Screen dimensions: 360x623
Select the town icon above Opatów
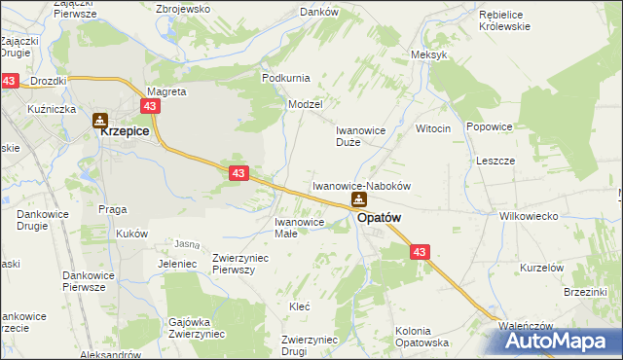click(x=359, y=200)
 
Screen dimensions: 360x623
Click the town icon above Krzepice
click(x=99, y=121)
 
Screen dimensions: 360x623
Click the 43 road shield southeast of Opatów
click(x=420, y=252)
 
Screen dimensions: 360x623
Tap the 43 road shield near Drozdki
click(x=9, y=82)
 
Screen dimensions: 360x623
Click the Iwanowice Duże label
click(x=361, y=135)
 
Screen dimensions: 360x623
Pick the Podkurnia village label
click(x=285, y=78)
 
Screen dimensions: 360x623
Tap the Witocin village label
click(x=433, y=128)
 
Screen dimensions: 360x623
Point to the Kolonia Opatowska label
click(x=421, y=337)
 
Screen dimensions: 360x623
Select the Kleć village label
click(x=300, y=306)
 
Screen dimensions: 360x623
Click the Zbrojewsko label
click(x=183, y=9)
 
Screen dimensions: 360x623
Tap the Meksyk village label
click(x=429, y=54)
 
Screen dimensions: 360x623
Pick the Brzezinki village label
click(x=585, y=292)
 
